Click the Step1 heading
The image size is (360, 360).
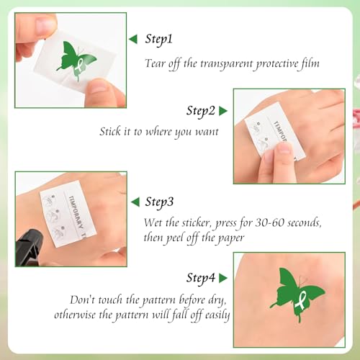159,40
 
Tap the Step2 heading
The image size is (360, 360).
201,111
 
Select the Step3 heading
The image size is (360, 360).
159,202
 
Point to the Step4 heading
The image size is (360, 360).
201,278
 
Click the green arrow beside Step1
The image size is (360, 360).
133,40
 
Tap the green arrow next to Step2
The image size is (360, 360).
223,111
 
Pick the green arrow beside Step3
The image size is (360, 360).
135,202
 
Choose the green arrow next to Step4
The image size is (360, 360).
223,278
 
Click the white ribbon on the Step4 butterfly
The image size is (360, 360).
301,300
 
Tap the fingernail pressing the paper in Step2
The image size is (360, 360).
285,149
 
